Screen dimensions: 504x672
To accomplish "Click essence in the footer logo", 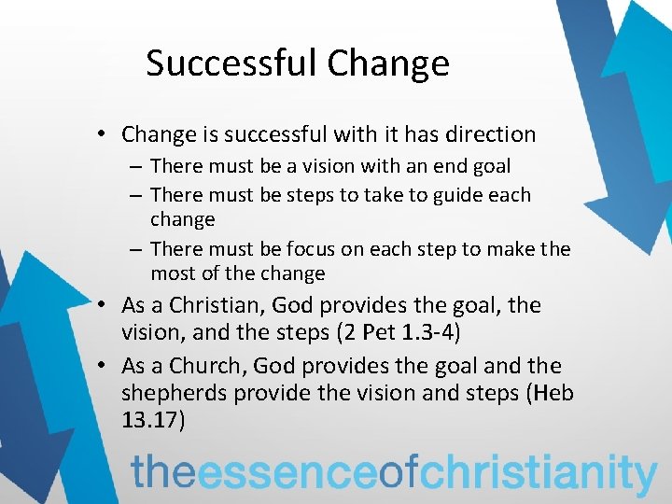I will (289, 471).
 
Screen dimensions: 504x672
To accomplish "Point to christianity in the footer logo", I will (539, 472).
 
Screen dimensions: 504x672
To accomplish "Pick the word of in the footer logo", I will (400, 471).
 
